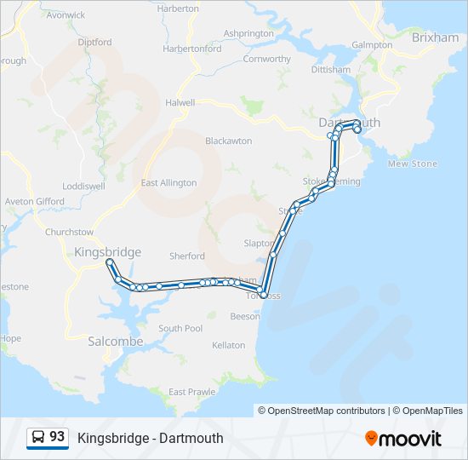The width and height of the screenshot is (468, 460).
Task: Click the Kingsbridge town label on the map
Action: pyautogui.click(x=107, y=252)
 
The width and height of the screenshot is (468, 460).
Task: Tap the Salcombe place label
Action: pyautogui.click(x=116, y=341)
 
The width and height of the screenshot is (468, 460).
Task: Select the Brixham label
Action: pyautogui.click(x=435, y=38)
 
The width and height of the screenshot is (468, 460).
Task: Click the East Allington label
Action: pyautogui.click(x=168, y=183)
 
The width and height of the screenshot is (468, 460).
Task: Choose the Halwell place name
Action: pyautogui.click(x=180, y=102)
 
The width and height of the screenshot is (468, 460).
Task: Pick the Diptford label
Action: pyautogui.click(x=94, y=42)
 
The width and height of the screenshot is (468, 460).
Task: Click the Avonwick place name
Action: pyautogui.click(x=66, y=15)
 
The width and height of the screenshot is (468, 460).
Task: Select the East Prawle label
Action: pyautogui.click(x=191, y=392)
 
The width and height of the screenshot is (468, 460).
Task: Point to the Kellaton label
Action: pyautogui.click(x=228, y=345)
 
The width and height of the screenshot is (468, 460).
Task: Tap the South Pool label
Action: pyautogui.click(x=180, y=328)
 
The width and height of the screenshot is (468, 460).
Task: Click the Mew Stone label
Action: pyautogui.click(x=412, y=164)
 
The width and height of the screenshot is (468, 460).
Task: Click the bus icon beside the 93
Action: pyautogui.click(x=39, y=438)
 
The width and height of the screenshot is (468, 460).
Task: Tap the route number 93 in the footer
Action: pyautogui.click(x=57, y=437)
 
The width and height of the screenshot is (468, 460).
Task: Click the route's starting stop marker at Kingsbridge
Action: pyautogui.click(x=109, y=262)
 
